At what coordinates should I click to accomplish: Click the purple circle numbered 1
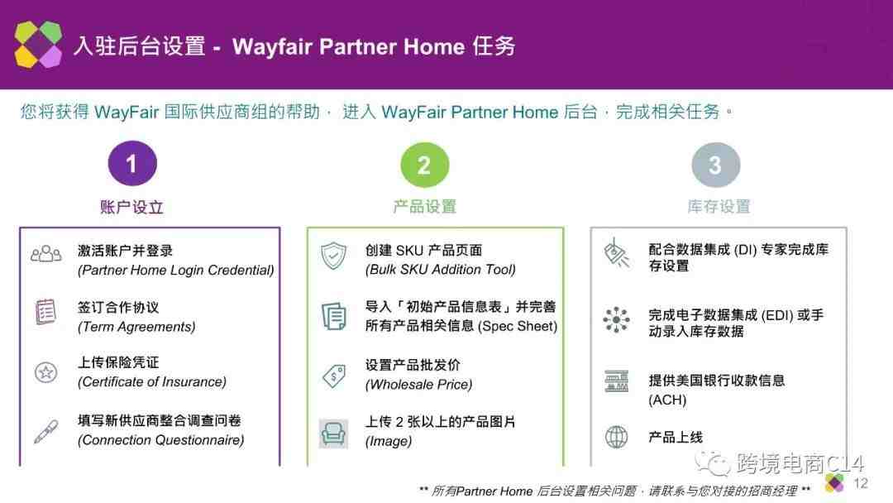132,164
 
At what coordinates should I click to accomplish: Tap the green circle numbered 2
424,165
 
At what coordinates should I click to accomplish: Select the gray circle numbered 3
715,165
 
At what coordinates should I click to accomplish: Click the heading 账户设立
131,207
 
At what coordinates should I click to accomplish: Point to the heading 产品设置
425,206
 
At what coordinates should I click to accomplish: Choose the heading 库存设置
719,206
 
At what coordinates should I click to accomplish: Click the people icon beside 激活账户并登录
45,254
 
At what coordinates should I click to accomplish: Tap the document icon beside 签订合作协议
45,312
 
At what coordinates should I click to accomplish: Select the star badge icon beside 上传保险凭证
45,372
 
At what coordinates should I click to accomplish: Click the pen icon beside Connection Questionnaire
45,431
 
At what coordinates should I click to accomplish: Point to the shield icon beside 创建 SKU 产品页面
333,256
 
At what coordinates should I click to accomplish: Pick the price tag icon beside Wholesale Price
334,376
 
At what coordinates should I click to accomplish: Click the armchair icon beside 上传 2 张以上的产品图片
333,434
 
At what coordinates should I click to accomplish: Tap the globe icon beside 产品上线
616,437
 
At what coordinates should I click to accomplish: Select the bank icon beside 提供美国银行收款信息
616,381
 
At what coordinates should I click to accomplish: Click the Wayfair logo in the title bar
38,45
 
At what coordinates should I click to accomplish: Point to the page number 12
861,484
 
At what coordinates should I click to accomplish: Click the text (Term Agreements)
136,327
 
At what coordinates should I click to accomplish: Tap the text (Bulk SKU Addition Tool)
440,270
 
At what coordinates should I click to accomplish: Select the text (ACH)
667,400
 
